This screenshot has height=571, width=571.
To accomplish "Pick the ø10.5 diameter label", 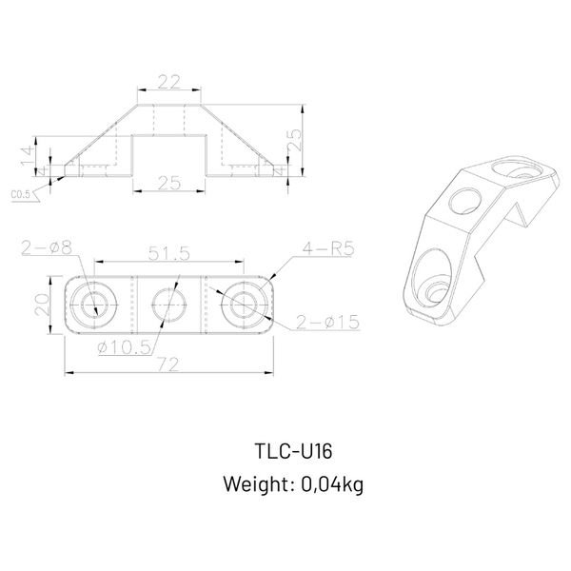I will click(125, 347).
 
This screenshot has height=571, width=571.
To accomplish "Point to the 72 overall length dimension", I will click(169, 364).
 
